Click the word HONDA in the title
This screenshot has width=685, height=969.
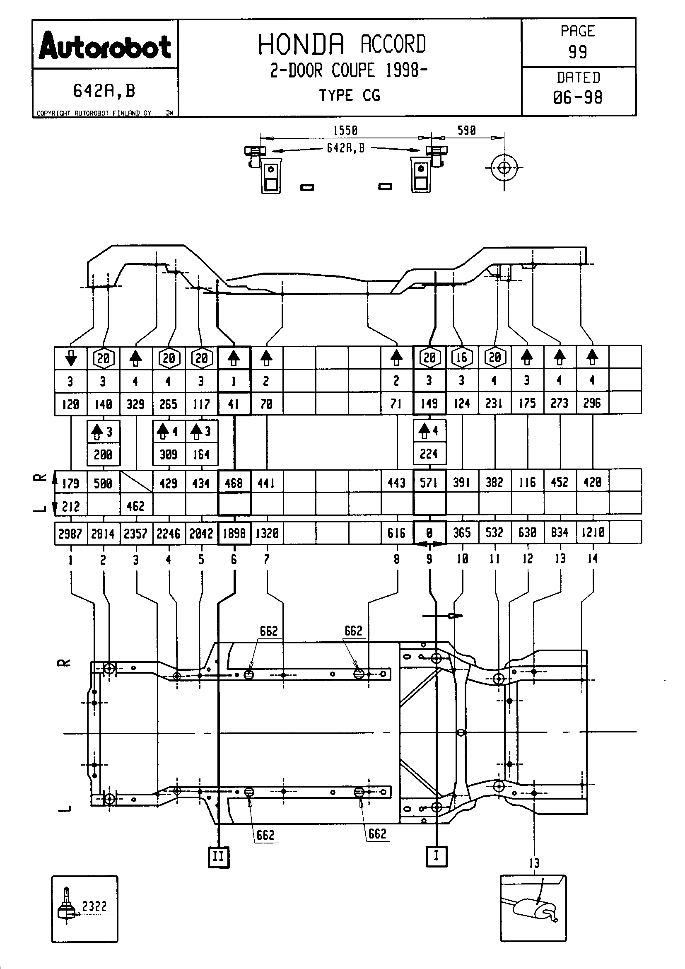coord(301,44)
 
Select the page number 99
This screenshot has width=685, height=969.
coord(577,52)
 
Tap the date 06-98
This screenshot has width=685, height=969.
coord(577,97)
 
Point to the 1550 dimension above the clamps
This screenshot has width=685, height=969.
coord(345,130)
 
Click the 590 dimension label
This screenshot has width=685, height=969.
coord(466,130)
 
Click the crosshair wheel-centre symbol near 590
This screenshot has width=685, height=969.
coord(504,168)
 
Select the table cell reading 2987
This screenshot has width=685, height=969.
coord(70,534)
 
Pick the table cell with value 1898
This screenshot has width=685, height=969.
coord(234,534)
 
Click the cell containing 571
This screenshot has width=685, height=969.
coord(429,482)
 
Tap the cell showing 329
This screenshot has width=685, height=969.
coord(135,404)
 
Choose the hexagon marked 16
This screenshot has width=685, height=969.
coord(462,358)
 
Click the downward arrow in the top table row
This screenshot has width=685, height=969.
coord(71,358)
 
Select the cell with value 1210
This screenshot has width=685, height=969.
coord(593,533)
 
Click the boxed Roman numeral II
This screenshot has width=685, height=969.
coord(219,857)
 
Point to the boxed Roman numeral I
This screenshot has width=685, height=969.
coord(436,856)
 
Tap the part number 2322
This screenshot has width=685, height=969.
coord(94,906)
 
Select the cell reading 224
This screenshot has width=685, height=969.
coord(429,454)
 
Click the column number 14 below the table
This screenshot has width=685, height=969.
coord(593,559)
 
